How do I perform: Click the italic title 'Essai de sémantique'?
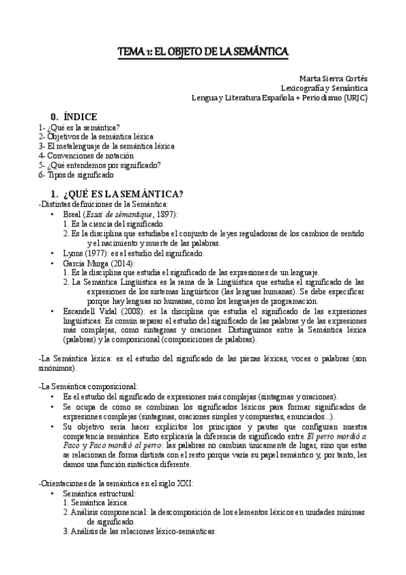point(123,214)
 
